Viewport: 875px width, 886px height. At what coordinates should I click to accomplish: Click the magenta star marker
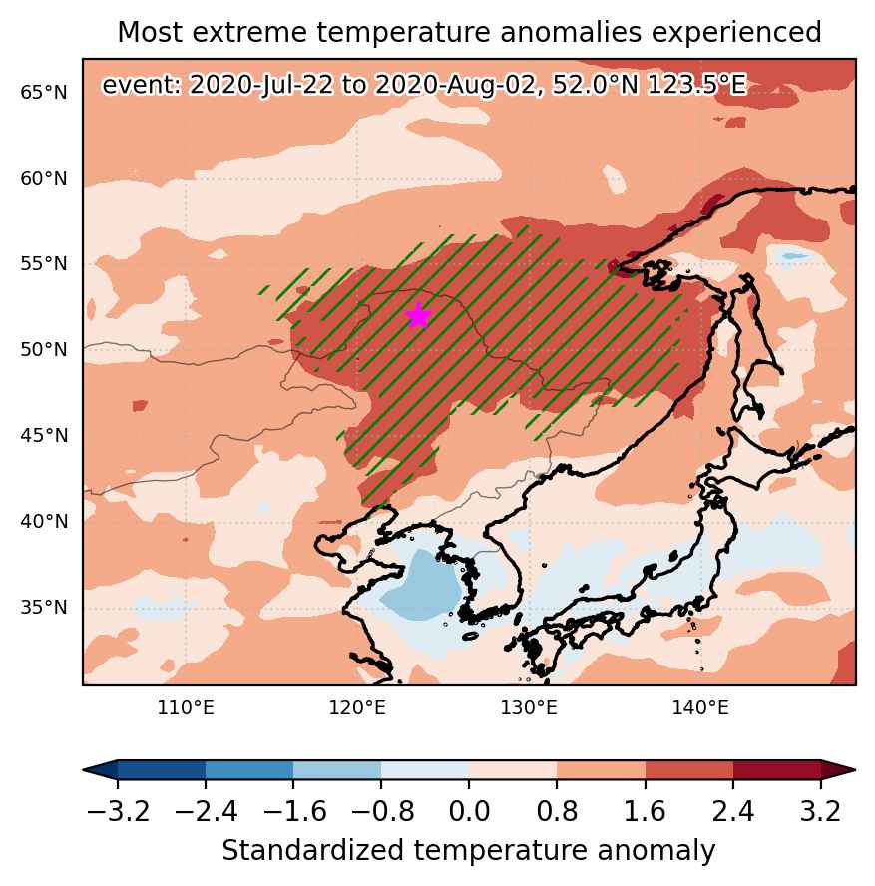pos(418,316)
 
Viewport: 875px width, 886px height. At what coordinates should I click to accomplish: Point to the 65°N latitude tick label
pos(44,92)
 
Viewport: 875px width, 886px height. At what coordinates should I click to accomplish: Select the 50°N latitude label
pos(44,350)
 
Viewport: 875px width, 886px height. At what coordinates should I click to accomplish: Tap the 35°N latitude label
pos(44,608)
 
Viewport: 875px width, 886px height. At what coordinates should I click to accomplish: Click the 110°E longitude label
pos(186,707)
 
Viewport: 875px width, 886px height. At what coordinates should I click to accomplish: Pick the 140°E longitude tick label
pos(700,707)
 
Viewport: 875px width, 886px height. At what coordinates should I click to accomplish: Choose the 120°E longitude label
pos(357,707)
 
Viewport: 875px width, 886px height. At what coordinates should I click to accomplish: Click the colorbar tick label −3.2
pos(118,812)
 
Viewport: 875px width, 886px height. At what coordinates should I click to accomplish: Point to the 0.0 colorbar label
pos(469,812)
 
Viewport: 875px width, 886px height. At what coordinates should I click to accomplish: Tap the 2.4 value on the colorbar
pos(733,812)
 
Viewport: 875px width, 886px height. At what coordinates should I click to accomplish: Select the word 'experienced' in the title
pos(736,33)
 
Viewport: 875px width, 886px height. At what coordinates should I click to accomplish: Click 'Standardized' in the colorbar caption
pos(313,850)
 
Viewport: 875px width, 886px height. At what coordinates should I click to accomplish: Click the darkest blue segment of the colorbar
pos(161,769)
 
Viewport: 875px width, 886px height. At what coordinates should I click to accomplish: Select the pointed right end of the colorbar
pos(855,769)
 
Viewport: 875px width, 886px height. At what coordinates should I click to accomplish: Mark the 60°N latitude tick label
pos(44,178)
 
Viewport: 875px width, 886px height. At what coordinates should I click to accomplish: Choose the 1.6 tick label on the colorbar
pos(646,812)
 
